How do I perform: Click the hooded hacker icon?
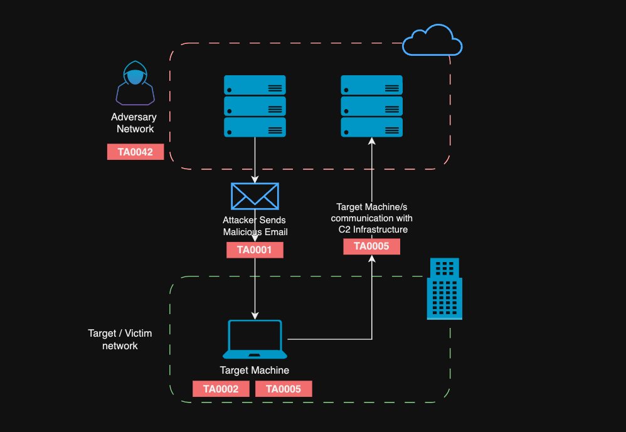tap(135, 83)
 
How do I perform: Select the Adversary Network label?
tap(134, 123)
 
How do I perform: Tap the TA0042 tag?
tap(135, 152)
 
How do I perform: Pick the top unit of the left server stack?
tap(255, 85)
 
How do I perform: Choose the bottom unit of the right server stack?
tap(371, 127)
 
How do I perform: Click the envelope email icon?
tap(255, 196)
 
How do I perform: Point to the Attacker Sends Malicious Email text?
tap(255, 226)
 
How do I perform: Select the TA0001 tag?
tap(255, 250)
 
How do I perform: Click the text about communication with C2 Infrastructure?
tap(372, 218)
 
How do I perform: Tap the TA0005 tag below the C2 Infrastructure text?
tap(371, 246)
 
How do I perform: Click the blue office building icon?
tap(444, 289)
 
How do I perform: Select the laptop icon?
tap(255, 339)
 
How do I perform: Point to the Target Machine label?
tap(255, 371)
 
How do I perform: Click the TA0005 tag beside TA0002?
tap(284, 389)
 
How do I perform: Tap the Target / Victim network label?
tap(120, 339)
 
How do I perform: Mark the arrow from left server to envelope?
tap(255, 160)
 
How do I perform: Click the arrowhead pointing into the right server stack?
tap(372, 142)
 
